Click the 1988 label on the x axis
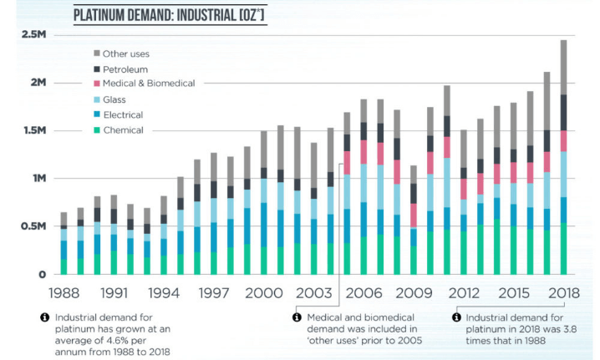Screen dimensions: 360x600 pos(64,293)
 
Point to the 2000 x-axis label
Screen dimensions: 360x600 pos(264,293)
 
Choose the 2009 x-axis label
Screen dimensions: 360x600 pos(414,293)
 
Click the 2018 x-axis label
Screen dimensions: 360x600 pos(564,293)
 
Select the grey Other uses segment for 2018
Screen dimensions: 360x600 pos(565,67)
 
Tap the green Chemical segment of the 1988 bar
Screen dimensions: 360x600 pos(64,266)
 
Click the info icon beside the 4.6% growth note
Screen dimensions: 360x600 pos(44,317)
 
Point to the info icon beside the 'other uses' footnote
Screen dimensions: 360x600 pos(297,317)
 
